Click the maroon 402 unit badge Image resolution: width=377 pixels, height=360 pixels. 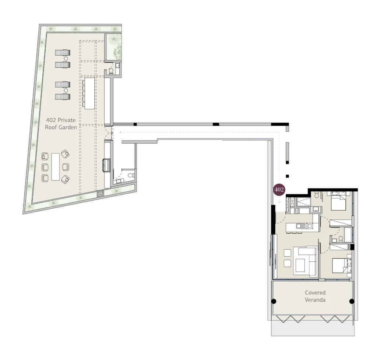279,190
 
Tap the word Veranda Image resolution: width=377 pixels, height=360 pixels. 315,300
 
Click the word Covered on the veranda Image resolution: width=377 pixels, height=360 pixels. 315,293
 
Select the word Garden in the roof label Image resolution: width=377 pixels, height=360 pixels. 68,127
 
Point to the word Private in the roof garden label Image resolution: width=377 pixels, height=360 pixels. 66,120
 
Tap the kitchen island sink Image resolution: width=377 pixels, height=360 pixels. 300,226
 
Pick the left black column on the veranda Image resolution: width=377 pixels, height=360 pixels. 274,301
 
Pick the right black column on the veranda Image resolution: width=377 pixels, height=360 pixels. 352,301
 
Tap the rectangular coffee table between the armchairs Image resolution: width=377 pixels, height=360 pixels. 55,167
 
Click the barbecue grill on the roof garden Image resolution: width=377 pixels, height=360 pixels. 106,165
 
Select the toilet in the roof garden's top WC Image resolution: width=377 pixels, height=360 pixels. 111,71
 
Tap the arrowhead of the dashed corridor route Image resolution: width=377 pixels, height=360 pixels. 121,132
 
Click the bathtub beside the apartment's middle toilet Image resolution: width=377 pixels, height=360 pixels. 348,235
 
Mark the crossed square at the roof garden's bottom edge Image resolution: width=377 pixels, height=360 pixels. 100,194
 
